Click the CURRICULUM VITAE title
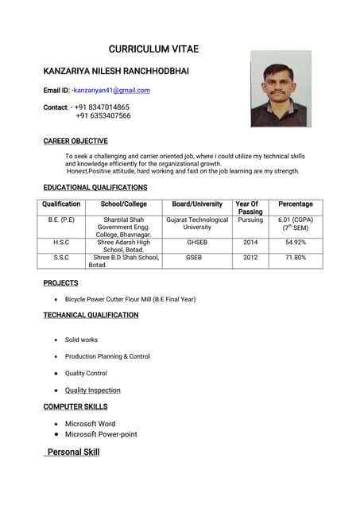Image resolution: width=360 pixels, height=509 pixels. (153, 49)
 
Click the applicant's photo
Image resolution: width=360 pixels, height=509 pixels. (281, 89)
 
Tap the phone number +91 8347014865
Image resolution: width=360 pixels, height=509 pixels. (103, 107)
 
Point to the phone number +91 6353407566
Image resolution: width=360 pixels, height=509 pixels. (103, 115)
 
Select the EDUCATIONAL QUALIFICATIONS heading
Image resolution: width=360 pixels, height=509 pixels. (95, 188)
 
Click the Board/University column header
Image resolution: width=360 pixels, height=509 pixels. (197, 204)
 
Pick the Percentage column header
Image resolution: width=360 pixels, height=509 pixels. (296, 204)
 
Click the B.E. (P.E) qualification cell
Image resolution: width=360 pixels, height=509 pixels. (61, 220)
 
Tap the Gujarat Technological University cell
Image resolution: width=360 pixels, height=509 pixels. (197, 223)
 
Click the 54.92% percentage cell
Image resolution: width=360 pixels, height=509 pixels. (296, 243)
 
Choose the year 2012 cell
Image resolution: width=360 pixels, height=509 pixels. (250, 258)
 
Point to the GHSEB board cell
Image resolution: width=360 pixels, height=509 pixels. (197, 243)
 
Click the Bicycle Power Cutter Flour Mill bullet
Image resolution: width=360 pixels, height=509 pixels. (130, 299)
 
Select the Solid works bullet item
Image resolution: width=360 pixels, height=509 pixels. (81, 340)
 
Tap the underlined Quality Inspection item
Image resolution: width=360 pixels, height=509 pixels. (93, 390)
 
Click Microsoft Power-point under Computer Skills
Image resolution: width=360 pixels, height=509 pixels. (101, 434)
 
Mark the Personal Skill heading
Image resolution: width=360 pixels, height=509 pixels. (73, 452)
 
